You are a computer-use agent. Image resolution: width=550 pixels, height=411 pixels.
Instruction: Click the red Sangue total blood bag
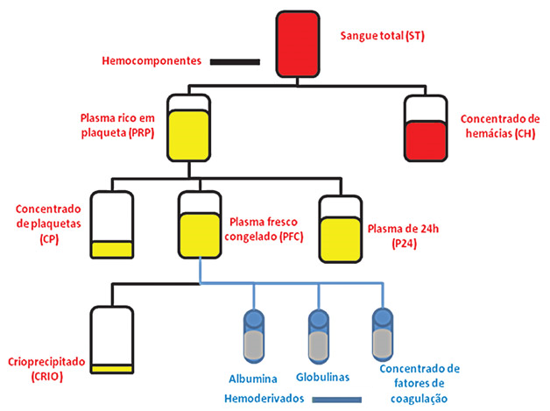click(300, 44)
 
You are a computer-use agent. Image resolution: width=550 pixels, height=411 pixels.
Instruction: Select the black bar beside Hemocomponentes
click(234, 61)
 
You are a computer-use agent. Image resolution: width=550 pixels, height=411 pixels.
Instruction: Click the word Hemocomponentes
click(152, 61)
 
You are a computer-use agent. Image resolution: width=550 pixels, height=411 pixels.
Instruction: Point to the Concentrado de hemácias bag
click(427, 129)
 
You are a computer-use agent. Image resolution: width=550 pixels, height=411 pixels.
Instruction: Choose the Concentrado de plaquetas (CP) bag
click(114, 226)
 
